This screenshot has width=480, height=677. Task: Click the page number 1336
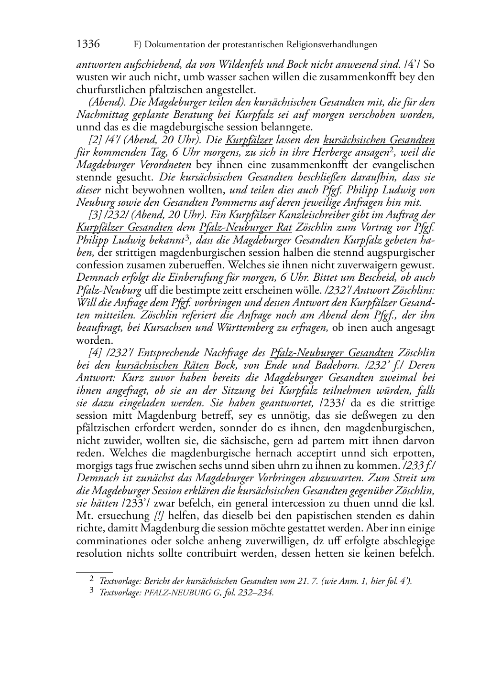pyautogui.click(x=88, y=44)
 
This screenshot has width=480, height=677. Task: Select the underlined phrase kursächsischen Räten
pyautogui.click(x=162, y=366)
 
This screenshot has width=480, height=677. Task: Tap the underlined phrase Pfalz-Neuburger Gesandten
pyautogui.click(x=331, y=353)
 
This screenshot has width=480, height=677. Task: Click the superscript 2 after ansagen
pyautogui.click(x=391, y=150)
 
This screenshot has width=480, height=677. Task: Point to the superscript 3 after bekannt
pyautogui.click(x=188, y=237)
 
